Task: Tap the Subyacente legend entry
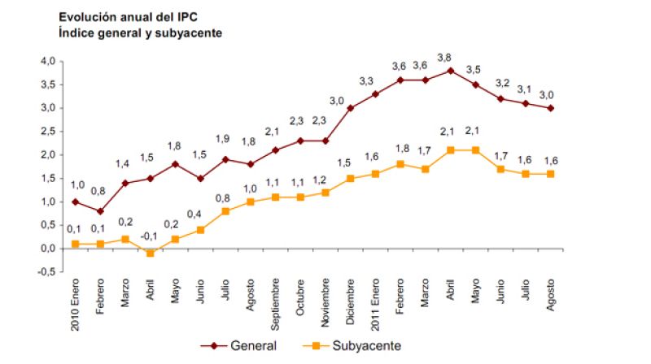tap(357, 345)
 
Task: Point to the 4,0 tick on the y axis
tap(47, 61)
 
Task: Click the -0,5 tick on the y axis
tap(46, 272)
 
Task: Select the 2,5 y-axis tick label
tap(47, 132)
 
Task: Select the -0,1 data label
tap(149, 237)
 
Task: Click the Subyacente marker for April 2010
tap(150, 253)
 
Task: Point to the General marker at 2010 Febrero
tap(99, 211)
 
